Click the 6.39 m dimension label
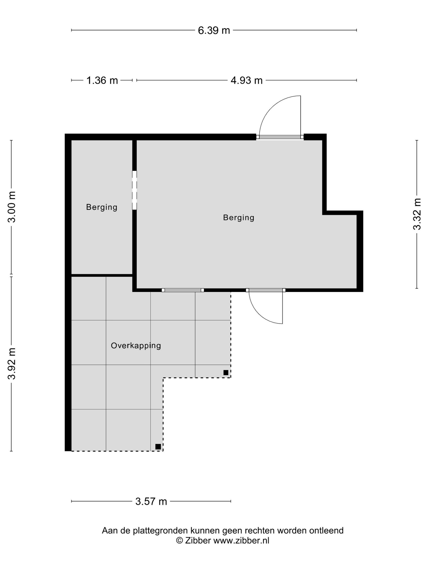click(214, 30)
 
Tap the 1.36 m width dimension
click(102, 80)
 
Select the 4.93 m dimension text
click(246, 80)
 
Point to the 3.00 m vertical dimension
click(12, 207)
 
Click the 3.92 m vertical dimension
click(12, 364)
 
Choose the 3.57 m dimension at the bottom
click(151, 501)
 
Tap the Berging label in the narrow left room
click(102, 207)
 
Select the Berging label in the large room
click(239, 218)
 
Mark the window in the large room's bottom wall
click(183, 290)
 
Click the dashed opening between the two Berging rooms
click(134, 190)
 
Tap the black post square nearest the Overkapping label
click(226, 373)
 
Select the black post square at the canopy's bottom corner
click(158, 447)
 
